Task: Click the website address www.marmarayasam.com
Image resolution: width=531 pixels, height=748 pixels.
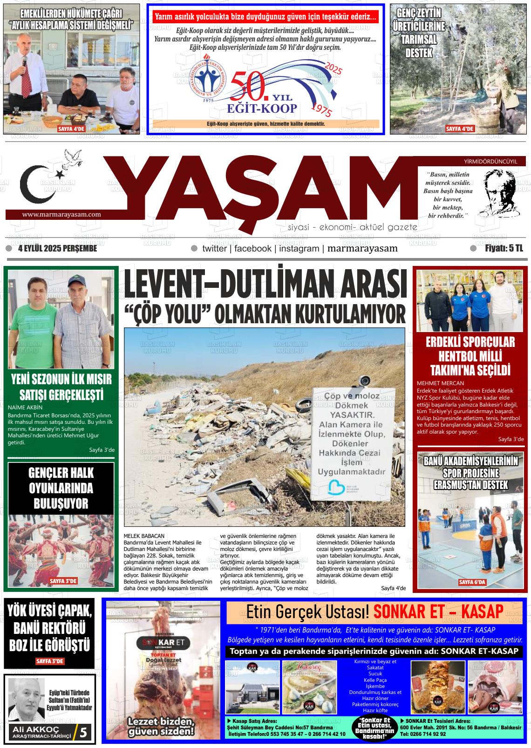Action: [61, 215]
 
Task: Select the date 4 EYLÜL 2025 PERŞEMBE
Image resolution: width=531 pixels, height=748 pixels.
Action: [57, 249]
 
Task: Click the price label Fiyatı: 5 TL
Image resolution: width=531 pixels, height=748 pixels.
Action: [504, 249]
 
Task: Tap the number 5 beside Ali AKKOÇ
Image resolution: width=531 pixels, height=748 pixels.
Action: [83, 733]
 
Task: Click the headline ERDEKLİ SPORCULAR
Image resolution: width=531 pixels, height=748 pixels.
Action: [470, 342]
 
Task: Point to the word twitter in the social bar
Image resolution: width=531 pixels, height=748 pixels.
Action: [214, 249]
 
